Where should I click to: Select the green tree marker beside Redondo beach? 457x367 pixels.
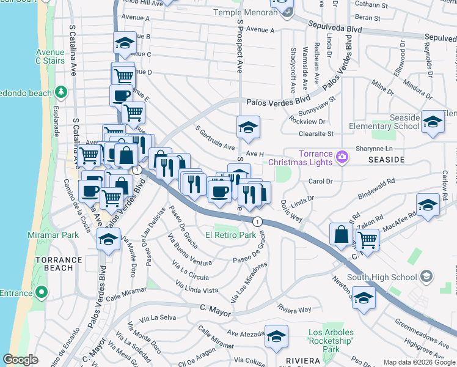pyautogui.click(x=60, y=92)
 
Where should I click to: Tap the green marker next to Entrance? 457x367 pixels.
pyautogui.click(x=41, y=293)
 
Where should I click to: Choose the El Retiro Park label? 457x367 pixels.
pyautogui.click(x=230, y=235)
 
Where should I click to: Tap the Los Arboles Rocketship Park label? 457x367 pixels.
pyautogui.click(x=331, y=341)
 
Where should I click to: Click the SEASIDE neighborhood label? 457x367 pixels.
pyautogui.click(x=386, y=159)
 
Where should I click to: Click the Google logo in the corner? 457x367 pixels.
pyautogui.click(x=20, y=360)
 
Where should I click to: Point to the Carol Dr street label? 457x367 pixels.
pyautogui.click(x=320, y=182)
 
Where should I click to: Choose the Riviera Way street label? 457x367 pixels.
pyautogui.click(x=294, y=310)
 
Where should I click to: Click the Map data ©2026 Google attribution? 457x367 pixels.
pyautogui.click(x=419, y=362)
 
